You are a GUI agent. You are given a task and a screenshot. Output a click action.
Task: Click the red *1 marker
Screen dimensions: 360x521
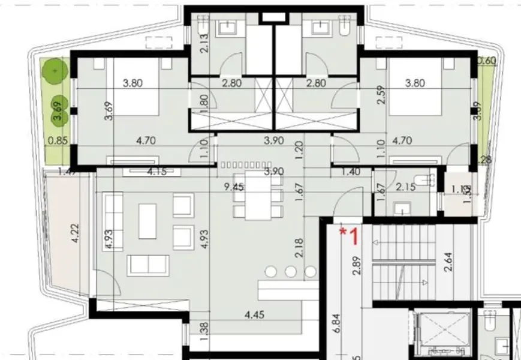tap(349, 235)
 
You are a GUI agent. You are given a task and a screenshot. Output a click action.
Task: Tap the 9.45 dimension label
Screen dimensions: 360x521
tap(234, 187)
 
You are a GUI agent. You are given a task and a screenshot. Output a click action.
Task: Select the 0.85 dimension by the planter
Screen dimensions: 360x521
tap(57, 142)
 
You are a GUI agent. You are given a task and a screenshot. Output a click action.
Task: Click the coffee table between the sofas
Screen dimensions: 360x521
tap(147, 220)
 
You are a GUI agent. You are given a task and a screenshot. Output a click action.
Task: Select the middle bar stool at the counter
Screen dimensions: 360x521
tap(291, 271)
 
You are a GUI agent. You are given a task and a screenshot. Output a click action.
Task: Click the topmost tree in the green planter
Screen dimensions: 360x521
tap(55, 71)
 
